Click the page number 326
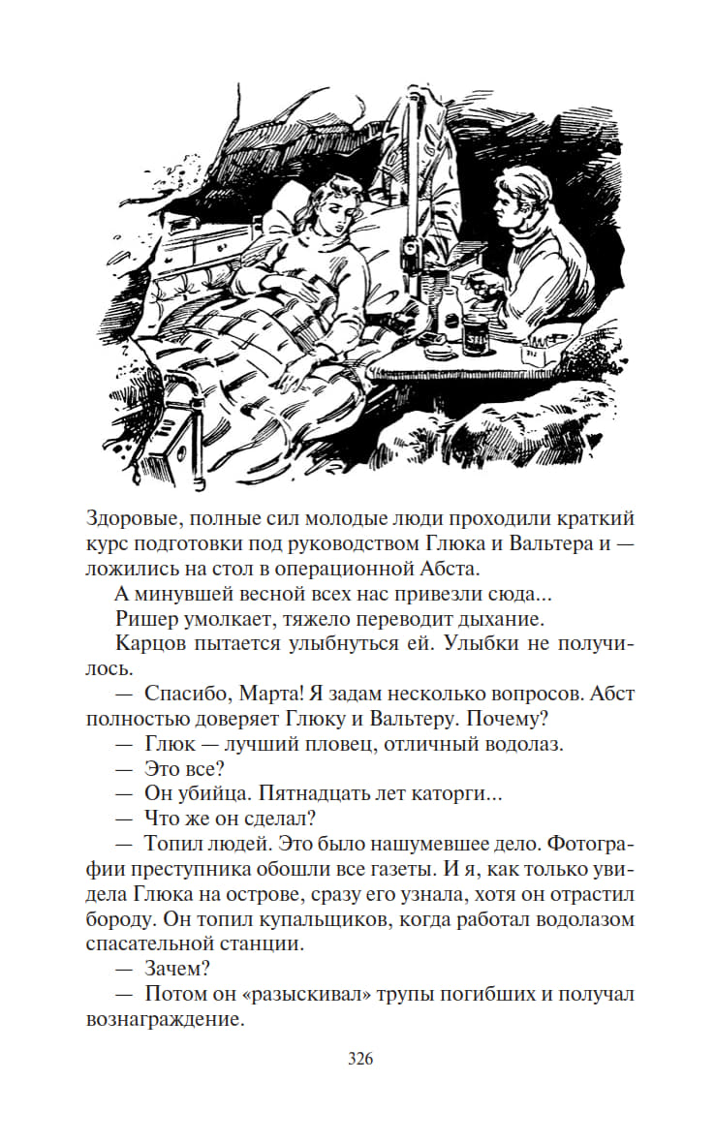[360, 1058]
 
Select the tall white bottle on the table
[449, 312]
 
